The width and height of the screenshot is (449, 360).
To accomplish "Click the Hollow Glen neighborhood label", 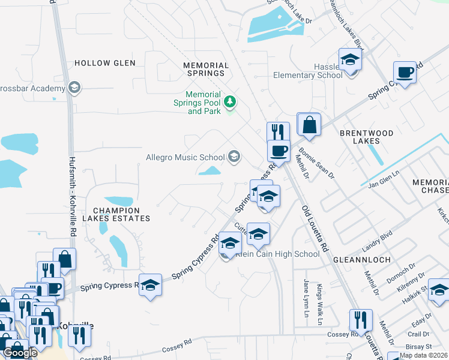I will [104, 63].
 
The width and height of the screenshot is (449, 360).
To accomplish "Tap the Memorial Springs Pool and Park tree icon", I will [229, 103].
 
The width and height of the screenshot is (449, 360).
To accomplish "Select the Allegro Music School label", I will [185, 158].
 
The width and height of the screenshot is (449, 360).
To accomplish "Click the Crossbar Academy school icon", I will [74, 88].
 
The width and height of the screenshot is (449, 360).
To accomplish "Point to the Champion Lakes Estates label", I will [117, 215].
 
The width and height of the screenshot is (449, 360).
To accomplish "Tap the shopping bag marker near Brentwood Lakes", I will [309, 125].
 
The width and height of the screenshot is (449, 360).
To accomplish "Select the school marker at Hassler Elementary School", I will [350, 60].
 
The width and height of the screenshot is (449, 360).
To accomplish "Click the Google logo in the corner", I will [20, 353].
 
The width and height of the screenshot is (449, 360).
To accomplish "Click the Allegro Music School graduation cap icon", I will [234, 158].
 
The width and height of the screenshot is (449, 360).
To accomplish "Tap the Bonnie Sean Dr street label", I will [316, 162].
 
